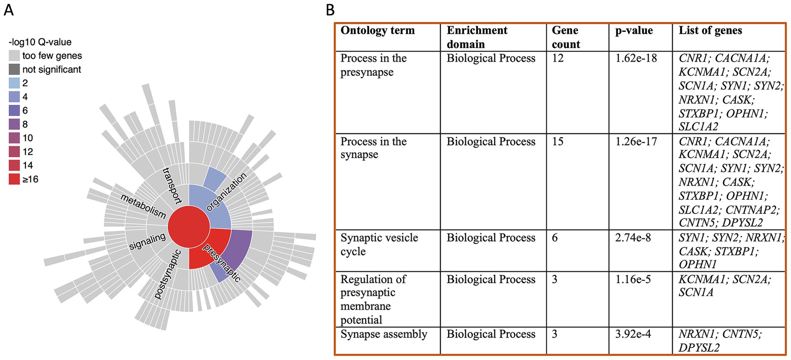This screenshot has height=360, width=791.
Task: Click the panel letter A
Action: tap(9, 9)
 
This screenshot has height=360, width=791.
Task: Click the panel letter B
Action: tap(330, 9)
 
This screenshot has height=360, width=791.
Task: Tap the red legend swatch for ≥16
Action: tap(14, 179)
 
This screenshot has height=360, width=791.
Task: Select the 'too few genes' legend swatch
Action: tap(14, 56)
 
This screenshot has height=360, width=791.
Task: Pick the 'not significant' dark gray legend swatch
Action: tap(14, 70)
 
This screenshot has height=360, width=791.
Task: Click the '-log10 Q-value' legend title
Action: tap(40, 42)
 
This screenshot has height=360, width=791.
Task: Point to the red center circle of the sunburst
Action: tap(188, 228)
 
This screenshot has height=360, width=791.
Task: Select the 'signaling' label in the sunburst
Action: tap(147, 241)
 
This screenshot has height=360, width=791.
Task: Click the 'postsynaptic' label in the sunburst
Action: tap(168, 274)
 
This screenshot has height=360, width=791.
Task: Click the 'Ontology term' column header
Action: tap(377, 30)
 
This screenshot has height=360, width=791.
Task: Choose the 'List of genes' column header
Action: tap(710, 30)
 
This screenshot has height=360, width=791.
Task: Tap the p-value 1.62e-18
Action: tap(636, 58)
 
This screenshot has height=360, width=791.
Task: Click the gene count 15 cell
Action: tap(558, 142)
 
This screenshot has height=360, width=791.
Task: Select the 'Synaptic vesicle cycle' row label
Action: tap(379, 244)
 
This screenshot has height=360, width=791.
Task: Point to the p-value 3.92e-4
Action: tap(633, 334)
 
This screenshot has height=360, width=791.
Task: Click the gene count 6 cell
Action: tap(555, 238)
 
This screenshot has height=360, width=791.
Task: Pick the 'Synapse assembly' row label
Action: tap(384, 334)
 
